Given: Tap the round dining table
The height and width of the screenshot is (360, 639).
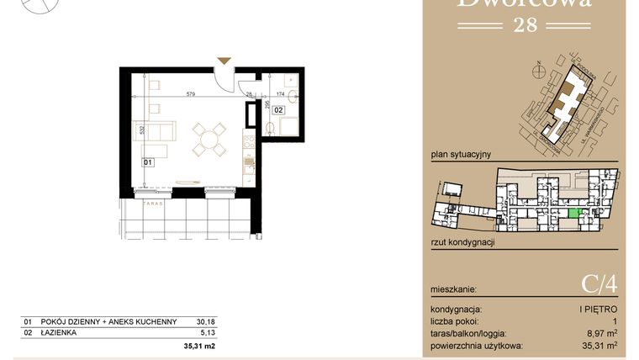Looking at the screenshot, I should click(x=209, y=139).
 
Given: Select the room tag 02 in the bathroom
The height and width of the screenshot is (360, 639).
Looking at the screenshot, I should click(x=277, y=109).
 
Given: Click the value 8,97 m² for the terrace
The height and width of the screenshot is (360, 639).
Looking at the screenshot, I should click(x=599, y=333).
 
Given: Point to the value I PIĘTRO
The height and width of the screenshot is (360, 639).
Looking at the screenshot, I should click(x=599, y=310).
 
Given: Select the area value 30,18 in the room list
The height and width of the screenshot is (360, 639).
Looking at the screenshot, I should click(x=205, y=320).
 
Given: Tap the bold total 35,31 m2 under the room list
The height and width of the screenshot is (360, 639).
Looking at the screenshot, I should click(x=199, y=346).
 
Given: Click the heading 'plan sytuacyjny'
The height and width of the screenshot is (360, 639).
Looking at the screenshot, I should click(x=460, y=155).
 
